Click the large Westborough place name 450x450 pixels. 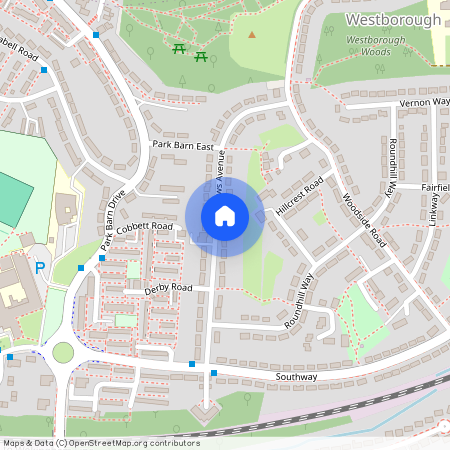pos(393,19)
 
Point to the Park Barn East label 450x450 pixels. pos(184,146)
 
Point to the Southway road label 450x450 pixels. pos(297,376)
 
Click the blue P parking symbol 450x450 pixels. pos(40,267)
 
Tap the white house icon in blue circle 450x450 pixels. pos(224,216)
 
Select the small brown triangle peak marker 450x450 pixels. pos(252,34)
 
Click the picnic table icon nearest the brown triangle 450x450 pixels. pos(202,56)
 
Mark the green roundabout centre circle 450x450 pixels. pos(64,352)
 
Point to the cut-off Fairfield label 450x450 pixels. pos(435,187)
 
